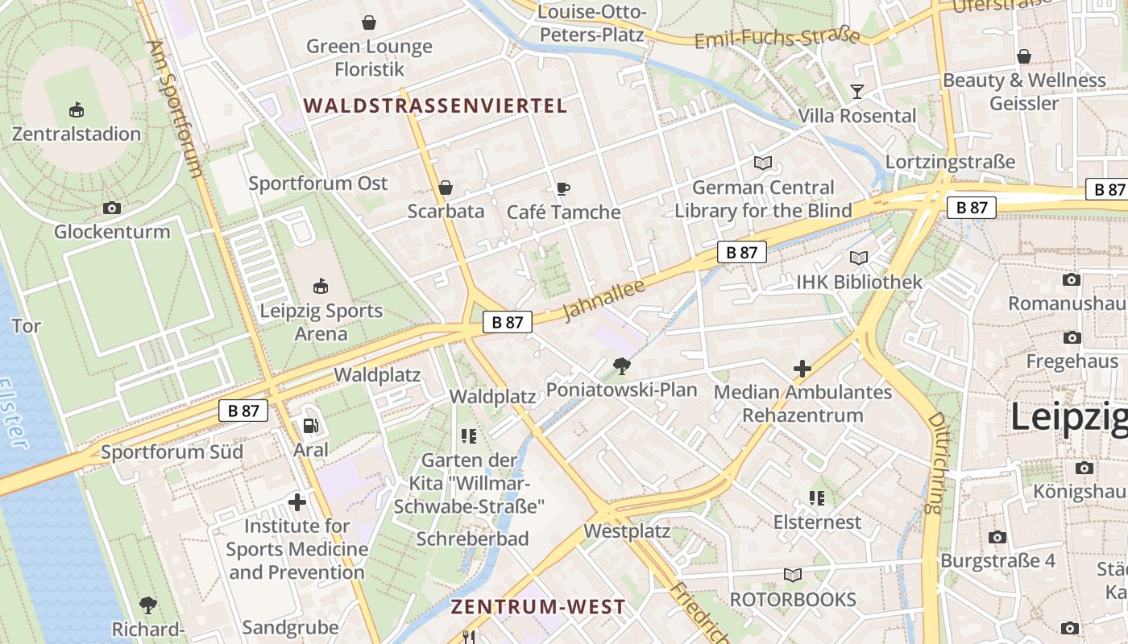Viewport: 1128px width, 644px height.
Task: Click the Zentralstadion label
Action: click(x=77, y=134)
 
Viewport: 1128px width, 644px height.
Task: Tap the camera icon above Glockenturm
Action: click(x=112, y=208)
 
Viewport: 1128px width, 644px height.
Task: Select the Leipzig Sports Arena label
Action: click(x=321, y=322)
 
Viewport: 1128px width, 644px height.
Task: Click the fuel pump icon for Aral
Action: click(x=310, y=426)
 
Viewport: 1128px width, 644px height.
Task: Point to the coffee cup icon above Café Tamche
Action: click(x=563, y=188)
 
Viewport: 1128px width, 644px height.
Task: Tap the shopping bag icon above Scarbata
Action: click(x=445, y=188)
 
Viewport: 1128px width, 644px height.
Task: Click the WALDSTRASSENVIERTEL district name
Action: click(x=436, y=105)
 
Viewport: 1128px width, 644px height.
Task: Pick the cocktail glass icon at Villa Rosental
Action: click(x=856, y=92)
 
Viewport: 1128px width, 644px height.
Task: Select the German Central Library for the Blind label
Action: click(x=763, y=200)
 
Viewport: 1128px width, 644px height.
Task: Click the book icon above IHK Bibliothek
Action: click(x=859, y=258)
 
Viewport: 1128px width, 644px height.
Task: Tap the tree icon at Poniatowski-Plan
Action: click(x=621, y=367)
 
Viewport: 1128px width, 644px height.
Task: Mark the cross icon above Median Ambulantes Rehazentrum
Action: click(x=802, y=369)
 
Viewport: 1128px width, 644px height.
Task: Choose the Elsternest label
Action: click(x=817, y=522)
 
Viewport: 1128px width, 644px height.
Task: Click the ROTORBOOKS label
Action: click(x=793, y=600)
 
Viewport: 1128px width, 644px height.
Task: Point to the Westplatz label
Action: click(x=627, y=531)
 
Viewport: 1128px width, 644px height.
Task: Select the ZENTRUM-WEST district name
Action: click(x=537, y=607)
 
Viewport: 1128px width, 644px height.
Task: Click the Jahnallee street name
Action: click(x=594, y=299)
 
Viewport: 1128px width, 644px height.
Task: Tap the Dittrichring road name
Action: click(x=935, y=463)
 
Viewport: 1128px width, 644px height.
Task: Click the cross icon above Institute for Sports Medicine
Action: click(x=297, y=502)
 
